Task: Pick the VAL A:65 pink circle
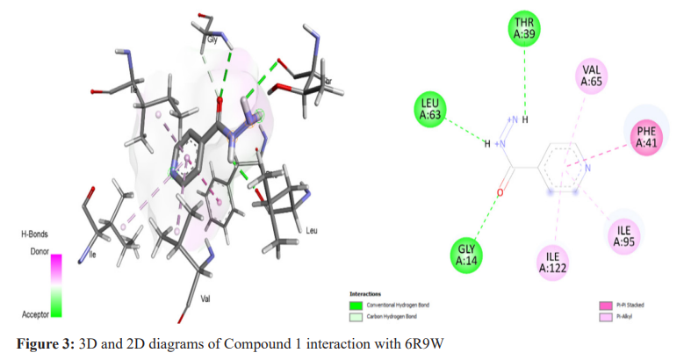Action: [x=591, y=77]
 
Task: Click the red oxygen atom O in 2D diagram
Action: [x=499, y=191]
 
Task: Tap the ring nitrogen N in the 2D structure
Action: [x=587, y=167]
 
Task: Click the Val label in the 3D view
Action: [x=205, y=299]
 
